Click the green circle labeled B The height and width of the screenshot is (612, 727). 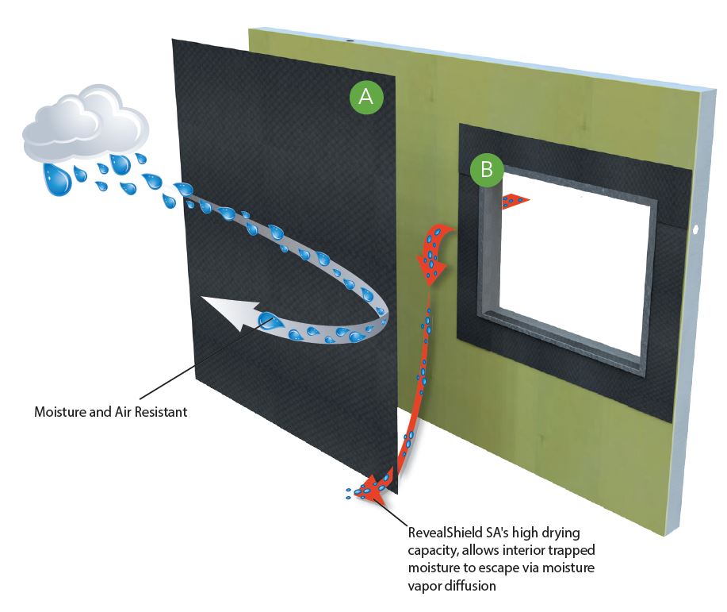click(x=486, y=168)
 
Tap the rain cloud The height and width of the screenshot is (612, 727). click(x=84, y=127)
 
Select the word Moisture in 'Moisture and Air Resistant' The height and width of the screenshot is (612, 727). click(x=59, y=413)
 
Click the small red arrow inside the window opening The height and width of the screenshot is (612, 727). click(x=515, y=202)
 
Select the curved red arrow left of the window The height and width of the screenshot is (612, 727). click(x=434, y=252)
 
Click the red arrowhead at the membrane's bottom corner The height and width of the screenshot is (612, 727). click(x=372, y=488)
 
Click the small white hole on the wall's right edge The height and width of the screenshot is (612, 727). click(x=696, y=229)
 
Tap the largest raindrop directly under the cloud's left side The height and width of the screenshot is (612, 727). click(x=56, y=179)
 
